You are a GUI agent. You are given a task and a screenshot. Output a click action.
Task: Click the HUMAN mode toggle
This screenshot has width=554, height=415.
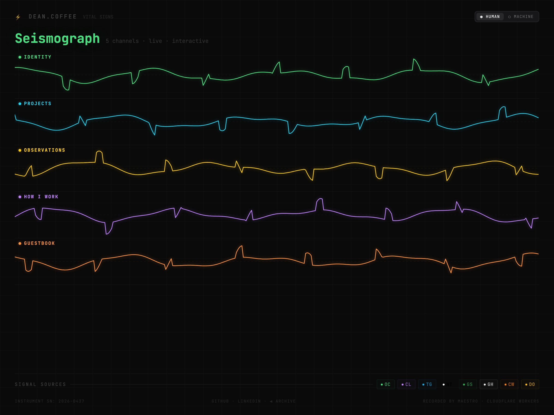490,17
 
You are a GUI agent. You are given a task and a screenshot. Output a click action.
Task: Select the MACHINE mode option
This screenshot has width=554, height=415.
521,17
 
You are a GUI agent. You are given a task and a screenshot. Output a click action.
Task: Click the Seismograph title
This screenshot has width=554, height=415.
57,39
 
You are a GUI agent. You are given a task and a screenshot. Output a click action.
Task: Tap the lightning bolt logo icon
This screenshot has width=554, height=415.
18,17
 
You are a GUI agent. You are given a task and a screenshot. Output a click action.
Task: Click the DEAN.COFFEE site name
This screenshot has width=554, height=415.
53,17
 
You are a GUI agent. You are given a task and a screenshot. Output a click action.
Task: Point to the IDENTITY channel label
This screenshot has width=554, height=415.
37,57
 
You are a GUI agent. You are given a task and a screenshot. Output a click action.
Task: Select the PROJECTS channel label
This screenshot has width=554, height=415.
37,104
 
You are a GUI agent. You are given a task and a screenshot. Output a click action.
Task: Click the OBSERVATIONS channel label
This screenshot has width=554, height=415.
44,150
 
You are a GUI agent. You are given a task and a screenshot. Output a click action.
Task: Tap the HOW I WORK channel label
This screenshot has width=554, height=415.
41,197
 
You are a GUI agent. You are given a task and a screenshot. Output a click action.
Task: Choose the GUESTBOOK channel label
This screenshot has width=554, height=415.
39,243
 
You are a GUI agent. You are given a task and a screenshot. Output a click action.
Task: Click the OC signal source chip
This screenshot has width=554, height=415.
385,384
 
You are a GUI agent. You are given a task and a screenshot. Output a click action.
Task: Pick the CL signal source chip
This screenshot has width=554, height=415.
406,384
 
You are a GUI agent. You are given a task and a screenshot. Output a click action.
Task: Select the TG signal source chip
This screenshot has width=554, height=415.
427,384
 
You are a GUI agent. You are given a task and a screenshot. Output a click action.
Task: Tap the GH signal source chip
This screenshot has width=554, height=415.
488,384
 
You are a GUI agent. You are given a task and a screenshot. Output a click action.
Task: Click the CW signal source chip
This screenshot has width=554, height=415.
509,384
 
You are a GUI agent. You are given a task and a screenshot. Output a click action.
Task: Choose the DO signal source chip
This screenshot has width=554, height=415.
530,384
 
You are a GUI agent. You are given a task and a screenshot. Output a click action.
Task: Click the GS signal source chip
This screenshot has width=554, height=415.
468,384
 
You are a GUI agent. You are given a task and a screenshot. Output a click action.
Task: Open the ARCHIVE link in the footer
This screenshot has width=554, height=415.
285,401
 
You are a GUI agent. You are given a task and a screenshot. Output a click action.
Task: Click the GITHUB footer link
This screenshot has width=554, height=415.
220,401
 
